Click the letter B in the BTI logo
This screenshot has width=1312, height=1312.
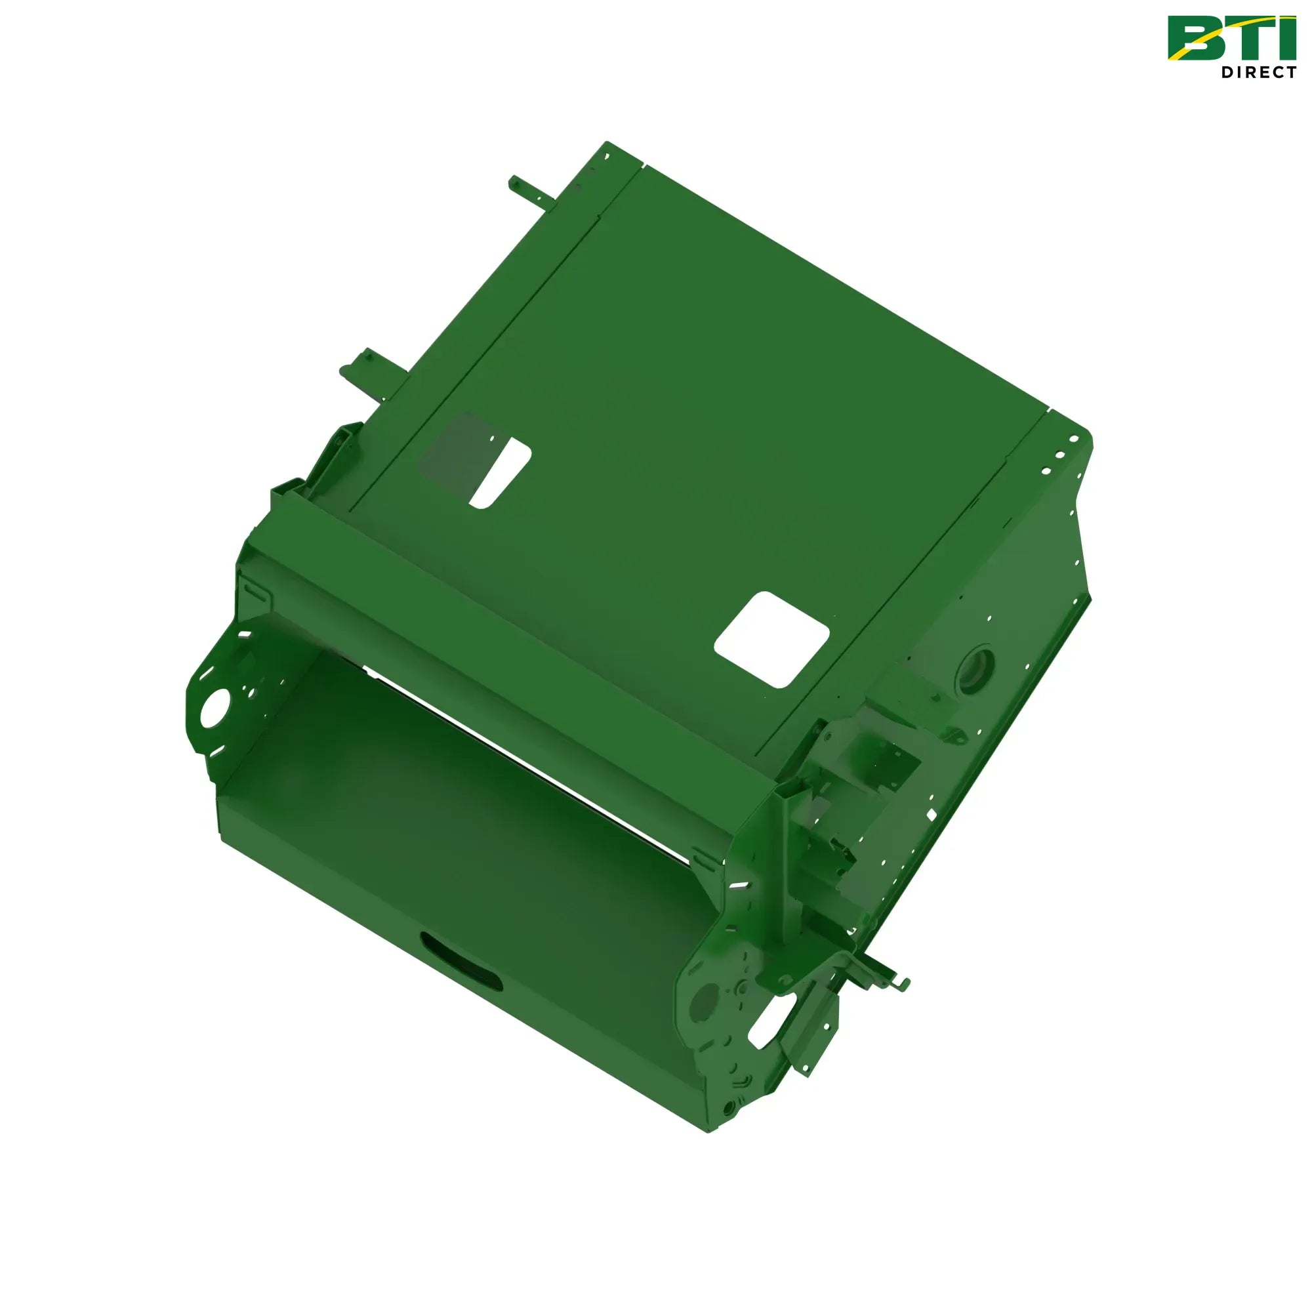pos(1197,38)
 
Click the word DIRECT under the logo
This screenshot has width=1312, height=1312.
pos(1259,72)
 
